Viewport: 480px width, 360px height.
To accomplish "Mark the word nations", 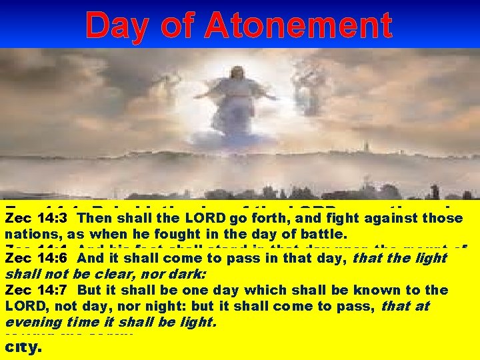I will pos(27,234).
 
